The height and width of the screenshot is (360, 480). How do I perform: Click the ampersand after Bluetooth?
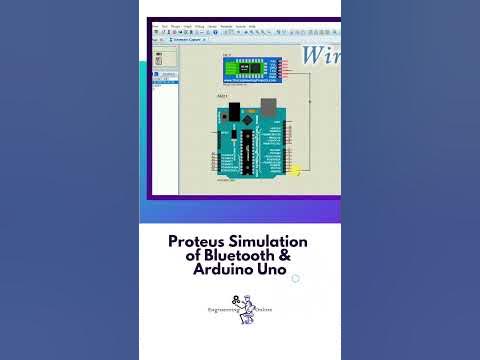click(283, 257)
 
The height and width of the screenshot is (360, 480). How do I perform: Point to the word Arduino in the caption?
click(221, 271)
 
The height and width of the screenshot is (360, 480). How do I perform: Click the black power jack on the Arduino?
click(233, 110)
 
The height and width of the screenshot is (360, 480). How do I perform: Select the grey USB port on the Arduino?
click(268, 107)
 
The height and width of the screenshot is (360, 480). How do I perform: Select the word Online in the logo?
click(263, 310)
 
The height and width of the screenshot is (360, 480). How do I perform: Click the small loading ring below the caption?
click(295, 279)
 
